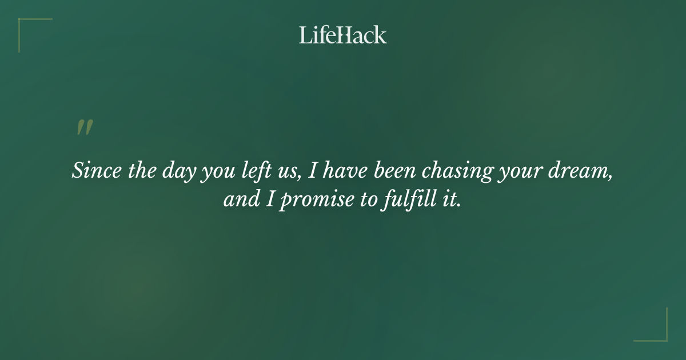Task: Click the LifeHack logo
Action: [x=343, y=35]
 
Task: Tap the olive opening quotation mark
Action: [x=85, y=128]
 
